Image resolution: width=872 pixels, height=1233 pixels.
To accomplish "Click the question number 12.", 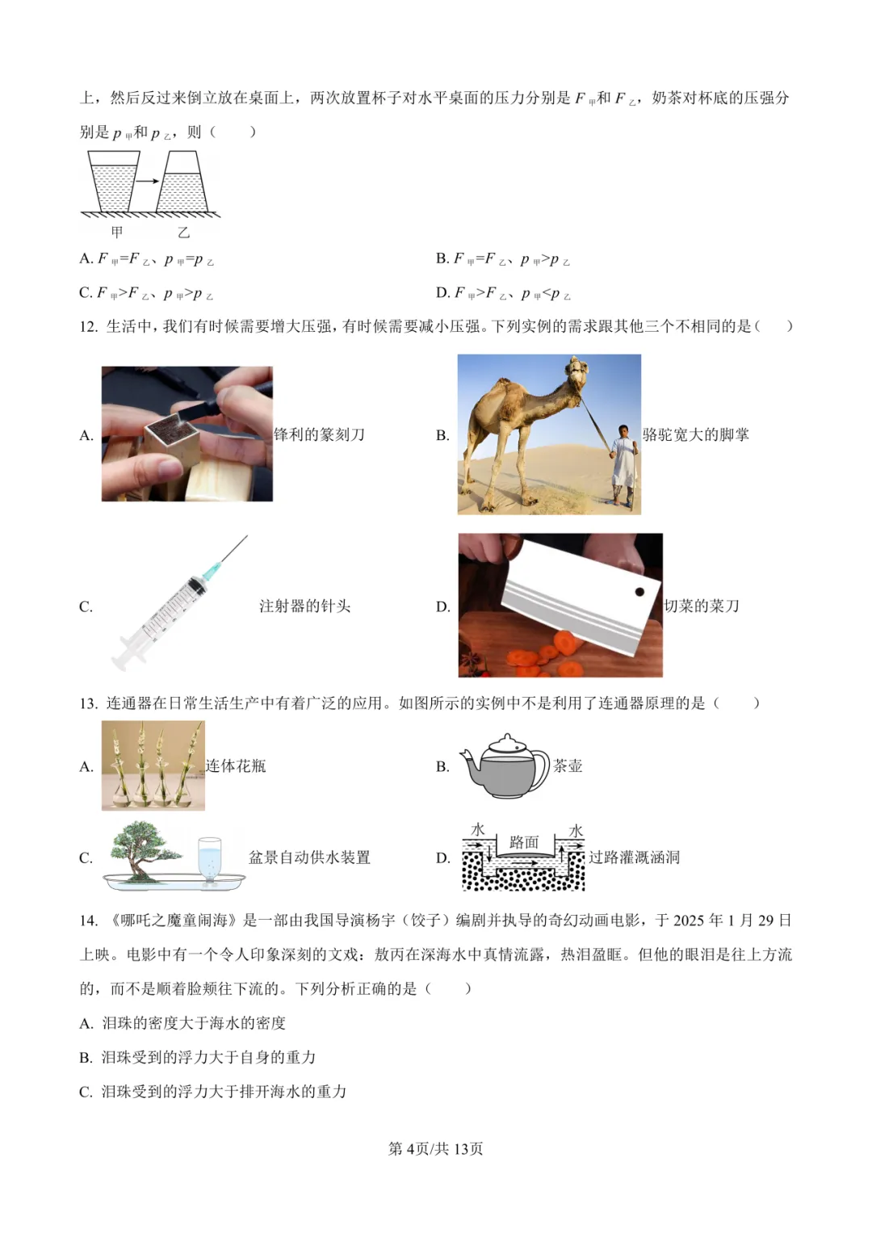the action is [x=88, y=326].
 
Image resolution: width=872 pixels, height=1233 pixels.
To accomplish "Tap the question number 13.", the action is [x=88, y=703].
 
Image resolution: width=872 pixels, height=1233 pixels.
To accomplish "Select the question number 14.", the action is [x=88, y=921].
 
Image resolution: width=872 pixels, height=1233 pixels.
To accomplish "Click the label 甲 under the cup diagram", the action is [x=117, y=232].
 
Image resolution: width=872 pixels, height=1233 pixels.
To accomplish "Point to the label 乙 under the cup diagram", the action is [x=184, y=232].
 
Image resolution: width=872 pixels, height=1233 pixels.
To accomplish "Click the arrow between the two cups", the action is [x=148, y=181].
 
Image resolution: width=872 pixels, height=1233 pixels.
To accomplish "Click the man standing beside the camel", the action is [x=624, y=465].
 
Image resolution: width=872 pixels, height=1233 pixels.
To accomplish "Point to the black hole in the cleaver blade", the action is [x=639, y=592].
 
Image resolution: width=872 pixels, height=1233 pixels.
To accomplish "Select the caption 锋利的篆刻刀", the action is [x=319, y=435].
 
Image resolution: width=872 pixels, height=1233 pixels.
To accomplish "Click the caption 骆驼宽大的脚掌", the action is [x=696, y=435].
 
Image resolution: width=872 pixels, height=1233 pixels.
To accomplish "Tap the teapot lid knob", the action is [x=507, y=738].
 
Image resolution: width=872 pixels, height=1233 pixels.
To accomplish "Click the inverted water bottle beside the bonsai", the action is [x=209, y=860].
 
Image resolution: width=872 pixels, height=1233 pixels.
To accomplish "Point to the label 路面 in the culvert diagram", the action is [x=523, y=842].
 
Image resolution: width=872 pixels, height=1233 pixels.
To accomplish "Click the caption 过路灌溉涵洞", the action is [x=634, y=858].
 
